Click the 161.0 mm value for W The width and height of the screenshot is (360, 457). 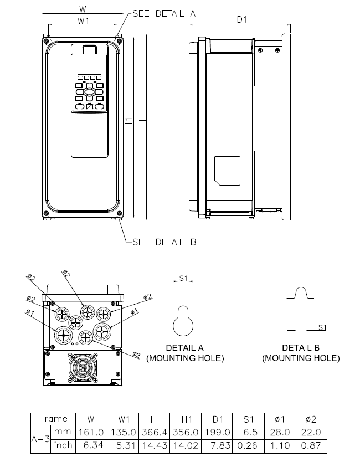91,432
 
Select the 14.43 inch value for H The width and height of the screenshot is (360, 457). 154,445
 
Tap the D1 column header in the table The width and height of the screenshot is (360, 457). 217,419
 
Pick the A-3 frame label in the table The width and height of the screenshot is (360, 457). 40,439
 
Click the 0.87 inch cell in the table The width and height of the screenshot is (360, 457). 311,445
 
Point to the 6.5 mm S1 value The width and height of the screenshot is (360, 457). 250,432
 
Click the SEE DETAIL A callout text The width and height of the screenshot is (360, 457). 164,13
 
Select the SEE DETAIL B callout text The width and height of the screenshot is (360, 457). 164,242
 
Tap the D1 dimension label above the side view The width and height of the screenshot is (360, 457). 241,19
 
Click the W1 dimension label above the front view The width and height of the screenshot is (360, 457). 84,21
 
